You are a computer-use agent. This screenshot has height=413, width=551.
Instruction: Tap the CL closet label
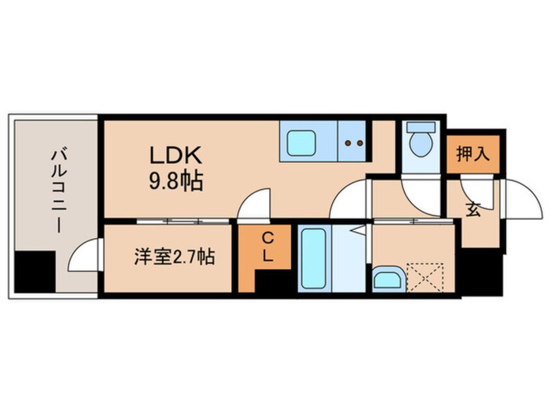click(x=267, y=248)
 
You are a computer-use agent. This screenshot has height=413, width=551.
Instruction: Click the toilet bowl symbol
click(x=420, y=144)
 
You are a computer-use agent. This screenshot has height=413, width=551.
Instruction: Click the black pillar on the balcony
click(x=35, y=271)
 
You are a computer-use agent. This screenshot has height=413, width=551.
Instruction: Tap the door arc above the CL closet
click(x=255, y=205)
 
